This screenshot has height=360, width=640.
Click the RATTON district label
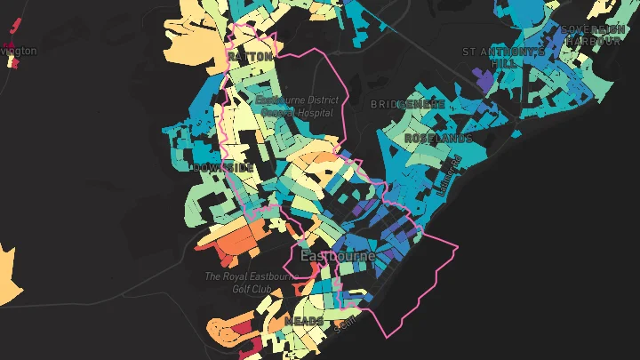coord(250,57)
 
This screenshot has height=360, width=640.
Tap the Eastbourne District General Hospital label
coord(295,107)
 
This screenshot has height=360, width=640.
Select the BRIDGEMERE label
coord(408,104)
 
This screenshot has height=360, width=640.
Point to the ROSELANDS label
coord(438,140)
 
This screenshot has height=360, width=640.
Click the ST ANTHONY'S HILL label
coord(504,58)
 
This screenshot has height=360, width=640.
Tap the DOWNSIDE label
coord(221,167)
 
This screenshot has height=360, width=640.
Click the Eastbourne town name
coord(338,256)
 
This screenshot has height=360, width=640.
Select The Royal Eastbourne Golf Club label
coord(249,282)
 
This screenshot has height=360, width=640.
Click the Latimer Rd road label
coord(451,172)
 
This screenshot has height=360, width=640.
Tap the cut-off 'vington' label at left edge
coord(19,51)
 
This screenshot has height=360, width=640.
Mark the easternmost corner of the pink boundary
coord(458,247)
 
